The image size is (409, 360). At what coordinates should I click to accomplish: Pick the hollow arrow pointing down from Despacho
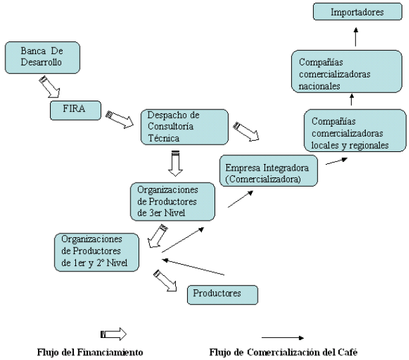[x=176, y=164]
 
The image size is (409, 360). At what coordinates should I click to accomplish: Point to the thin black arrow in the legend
[x=283, y=337]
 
